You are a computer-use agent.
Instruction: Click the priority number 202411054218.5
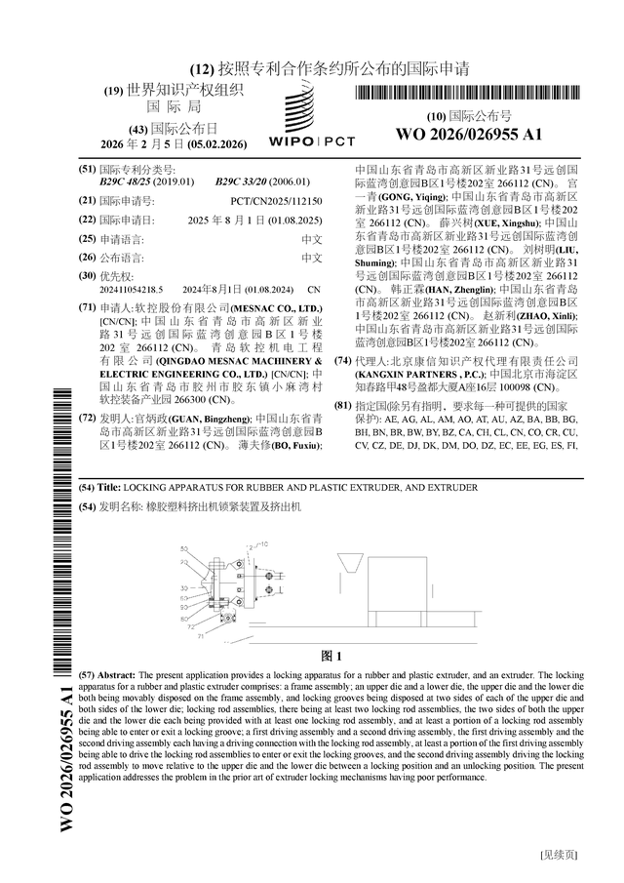(131, 290)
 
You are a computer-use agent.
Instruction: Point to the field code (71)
(86, 307)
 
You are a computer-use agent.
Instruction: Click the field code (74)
(342, 360)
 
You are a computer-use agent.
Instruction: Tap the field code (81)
(342, 405)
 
